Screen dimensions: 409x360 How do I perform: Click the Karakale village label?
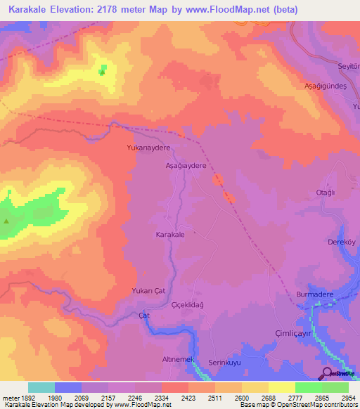tap(169, 235)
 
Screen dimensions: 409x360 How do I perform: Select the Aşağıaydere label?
tap(185, 166)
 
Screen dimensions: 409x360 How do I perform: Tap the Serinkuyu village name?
tap(225, 362)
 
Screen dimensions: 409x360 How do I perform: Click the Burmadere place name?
tap(314, 294)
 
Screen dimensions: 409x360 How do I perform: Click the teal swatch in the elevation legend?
tap(41, 387)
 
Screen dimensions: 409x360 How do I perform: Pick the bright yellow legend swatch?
tap(281, 387)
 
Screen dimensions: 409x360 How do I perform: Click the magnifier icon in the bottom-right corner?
tap(327, 372)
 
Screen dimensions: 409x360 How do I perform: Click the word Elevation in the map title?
tap(77, 9)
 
